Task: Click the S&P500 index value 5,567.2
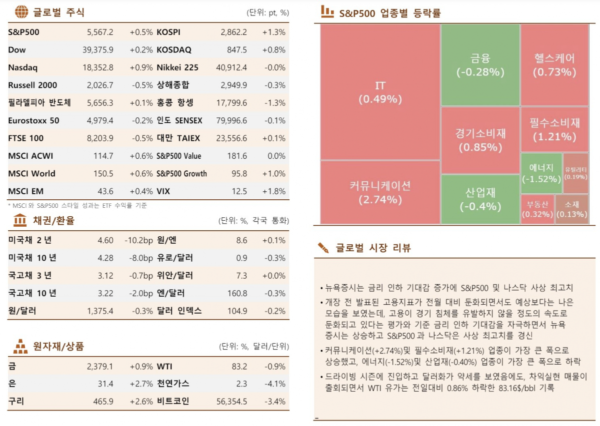(x=100, y=32)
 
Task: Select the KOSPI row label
(x=168, y=32)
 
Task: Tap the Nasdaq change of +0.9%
(x=141, y=68)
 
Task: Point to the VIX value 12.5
(x=239, y=192)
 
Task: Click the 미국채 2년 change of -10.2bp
(x=138, y=241)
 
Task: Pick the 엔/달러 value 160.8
(x=237, y=294)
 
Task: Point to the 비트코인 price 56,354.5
(x=230, y=402)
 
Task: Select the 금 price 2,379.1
(x=100, y=367)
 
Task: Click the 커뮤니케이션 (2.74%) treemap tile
(x=380, y=192)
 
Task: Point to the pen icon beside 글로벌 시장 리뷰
(x=323, y=248)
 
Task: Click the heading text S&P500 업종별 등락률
(x=390, y=13)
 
